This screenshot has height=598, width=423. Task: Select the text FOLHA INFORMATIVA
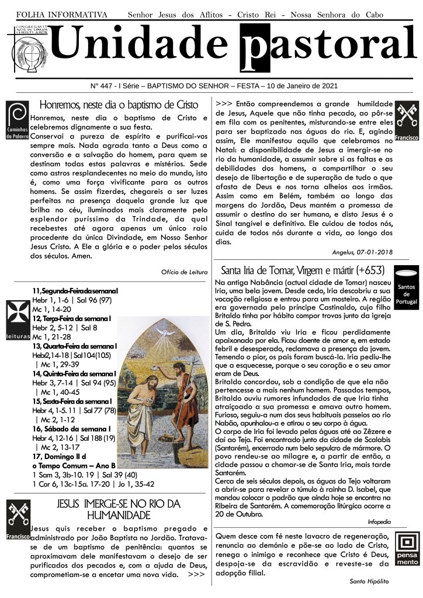62,13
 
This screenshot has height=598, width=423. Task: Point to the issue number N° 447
105,86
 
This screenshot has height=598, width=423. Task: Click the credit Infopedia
379,520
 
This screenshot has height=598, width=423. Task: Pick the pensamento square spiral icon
407,547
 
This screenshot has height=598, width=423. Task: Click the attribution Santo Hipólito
369,582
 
